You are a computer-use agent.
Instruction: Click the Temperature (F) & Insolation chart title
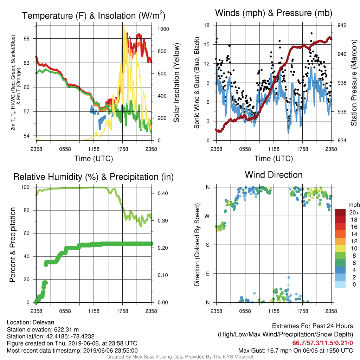click(94, 15)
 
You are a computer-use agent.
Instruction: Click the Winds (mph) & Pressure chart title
click(274, 13)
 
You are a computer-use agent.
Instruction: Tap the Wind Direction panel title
click(274, 175)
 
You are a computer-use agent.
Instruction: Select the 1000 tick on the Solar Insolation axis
click(163, 29)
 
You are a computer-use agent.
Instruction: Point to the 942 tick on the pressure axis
click(342, 25)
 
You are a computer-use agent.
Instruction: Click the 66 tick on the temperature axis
click(27, 39)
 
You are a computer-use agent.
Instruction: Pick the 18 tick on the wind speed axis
click(207, 25)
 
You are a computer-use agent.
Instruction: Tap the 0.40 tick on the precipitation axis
click(163, 193)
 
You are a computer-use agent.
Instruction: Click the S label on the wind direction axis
click(208, 245)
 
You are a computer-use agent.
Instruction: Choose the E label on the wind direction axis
click(208, 274)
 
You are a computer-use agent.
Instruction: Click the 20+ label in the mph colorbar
click(354, 212)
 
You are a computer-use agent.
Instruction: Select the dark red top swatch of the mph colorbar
click(340, 212)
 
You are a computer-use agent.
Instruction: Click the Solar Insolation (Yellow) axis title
click(176, 83)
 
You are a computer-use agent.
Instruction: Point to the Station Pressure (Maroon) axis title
click(354, 83)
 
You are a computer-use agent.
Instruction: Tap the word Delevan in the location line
click(43, 322)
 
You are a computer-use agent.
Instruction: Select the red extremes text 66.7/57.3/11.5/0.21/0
click(323, 343)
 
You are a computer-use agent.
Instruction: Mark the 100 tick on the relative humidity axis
click(25, 187)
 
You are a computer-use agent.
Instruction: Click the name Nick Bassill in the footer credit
click(146, 357)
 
